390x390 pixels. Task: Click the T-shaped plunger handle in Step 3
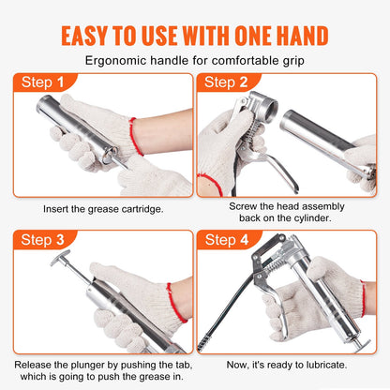click(61, 255)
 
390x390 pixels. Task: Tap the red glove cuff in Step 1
click(133, 136)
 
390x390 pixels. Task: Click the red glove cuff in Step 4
click(363, 298)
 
